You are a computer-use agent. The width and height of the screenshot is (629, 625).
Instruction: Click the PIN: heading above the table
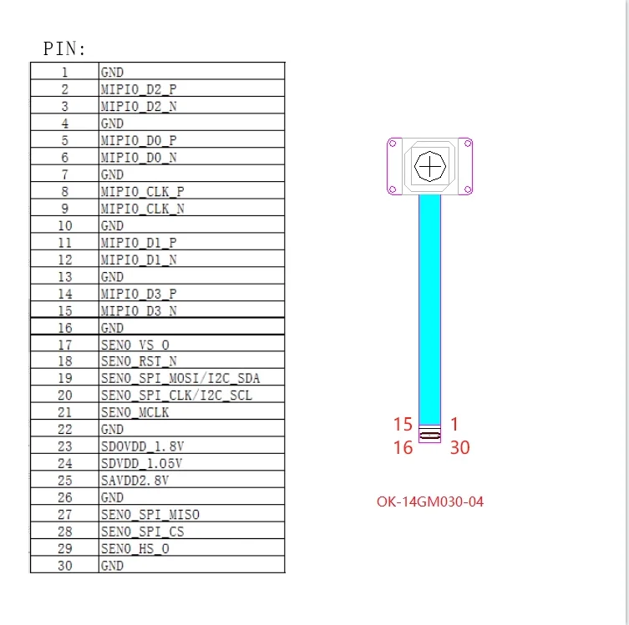coord(64,48)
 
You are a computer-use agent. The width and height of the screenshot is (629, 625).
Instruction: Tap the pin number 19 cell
coord(65,378)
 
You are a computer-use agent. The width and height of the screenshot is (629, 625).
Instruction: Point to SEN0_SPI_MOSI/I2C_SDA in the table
coord(180,378)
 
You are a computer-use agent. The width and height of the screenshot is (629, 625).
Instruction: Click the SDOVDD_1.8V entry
coord(142,446)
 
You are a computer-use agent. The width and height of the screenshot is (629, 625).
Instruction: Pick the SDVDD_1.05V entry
coord(142,463)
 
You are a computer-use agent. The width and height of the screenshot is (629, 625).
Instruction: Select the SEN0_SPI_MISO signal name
coord(150,514)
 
